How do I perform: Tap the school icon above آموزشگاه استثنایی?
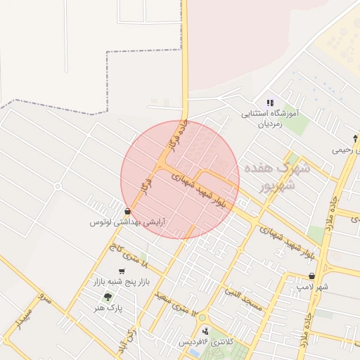pos(270,103)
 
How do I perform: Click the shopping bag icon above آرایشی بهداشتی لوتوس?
pos(127,211)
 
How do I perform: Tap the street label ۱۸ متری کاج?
pos(129,255)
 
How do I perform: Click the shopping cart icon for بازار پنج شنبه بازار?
pos(122,271)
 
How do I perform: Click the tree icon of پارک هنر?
pos(108,297)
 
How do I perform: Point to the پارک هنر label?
pos(110,307)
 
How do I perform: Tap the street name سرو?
pos(46,297)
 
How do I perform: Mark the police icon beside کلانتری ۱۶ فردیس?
pos(205,330)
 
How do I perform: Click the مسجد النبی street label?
pos(243,300)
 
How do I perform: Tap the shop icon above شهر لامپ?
pos(311,276)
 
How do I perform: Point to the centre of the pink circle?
pos(180,180)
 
